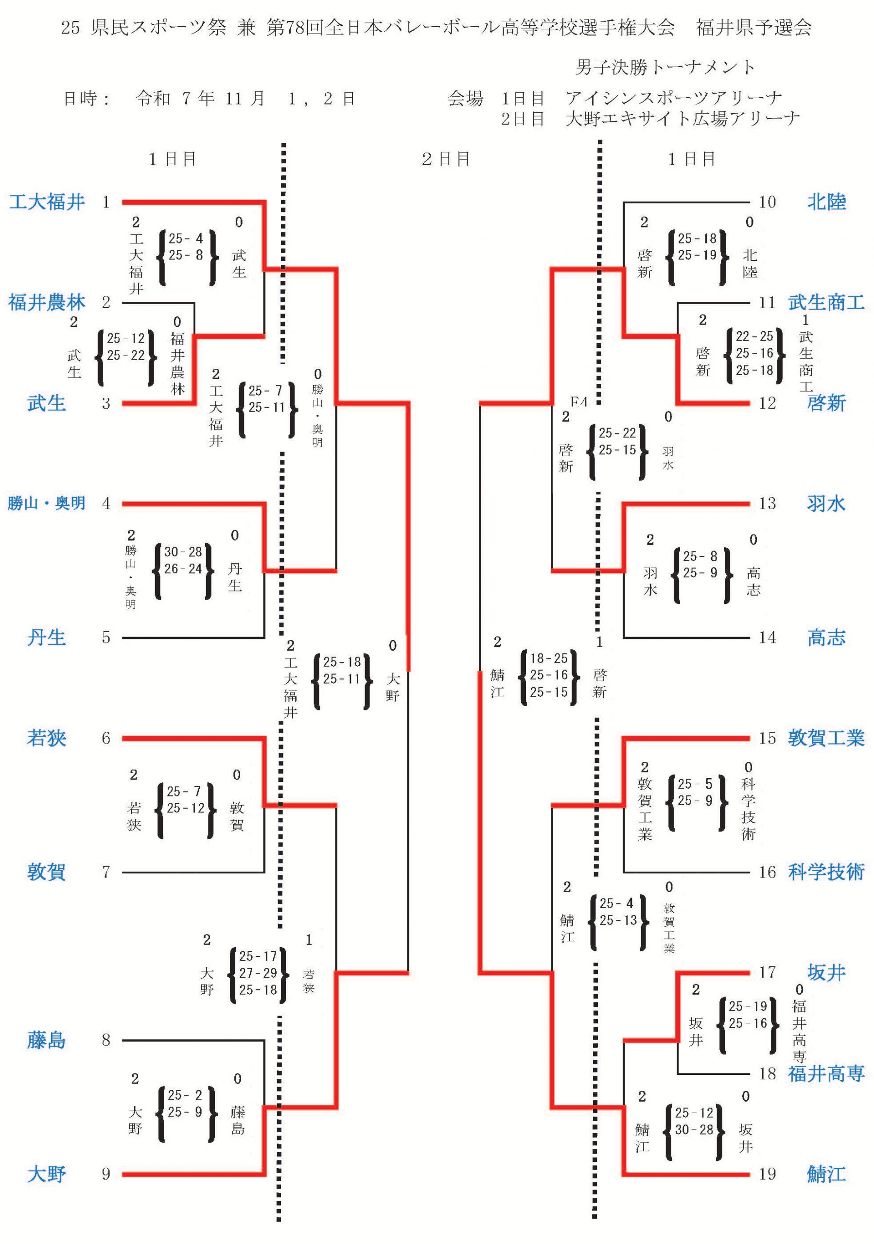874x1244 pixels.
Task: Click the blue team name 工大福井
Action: click(x=47, y=202)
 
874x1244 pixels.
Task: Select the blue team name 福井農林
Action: click(x=47, y=302)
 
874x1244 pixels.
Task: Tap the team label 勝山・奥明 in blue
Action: click(x=47, y=503)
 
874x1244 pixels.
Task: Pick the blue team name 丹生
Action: click(x=47, y=637)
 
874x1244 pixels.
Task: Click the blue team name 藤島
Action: click(x=47, y=1040)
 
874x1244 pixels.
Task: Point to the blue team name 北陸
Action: click(x=826, y=202)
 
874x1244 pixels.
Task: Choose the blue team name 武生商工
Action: click(x=826, y=302)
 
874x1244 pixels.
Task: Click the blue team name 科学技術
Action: click(x=826, y=872)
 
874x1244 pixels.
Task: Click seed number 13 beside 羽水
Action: click(x=767, y=503)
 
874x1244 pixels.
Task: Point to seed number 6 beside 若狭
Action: click(x=106, y=738)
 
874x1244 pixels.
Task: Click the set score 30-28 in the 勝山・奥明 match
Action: click(x=183, y=552)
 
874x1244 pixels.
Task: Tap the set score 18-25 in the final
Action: click(x=548, y=658)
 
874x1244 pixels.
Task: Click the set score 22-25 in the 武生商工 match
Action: click(x=754, y=336)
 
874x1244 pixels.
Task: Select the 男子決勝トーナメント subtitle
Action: click(x=665, y=67)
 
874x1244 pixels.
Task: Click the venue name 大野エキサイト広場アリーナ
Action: click(x=683, y=119)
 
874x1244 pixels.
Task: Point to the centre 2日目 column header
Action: click(x=445, y=159)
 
